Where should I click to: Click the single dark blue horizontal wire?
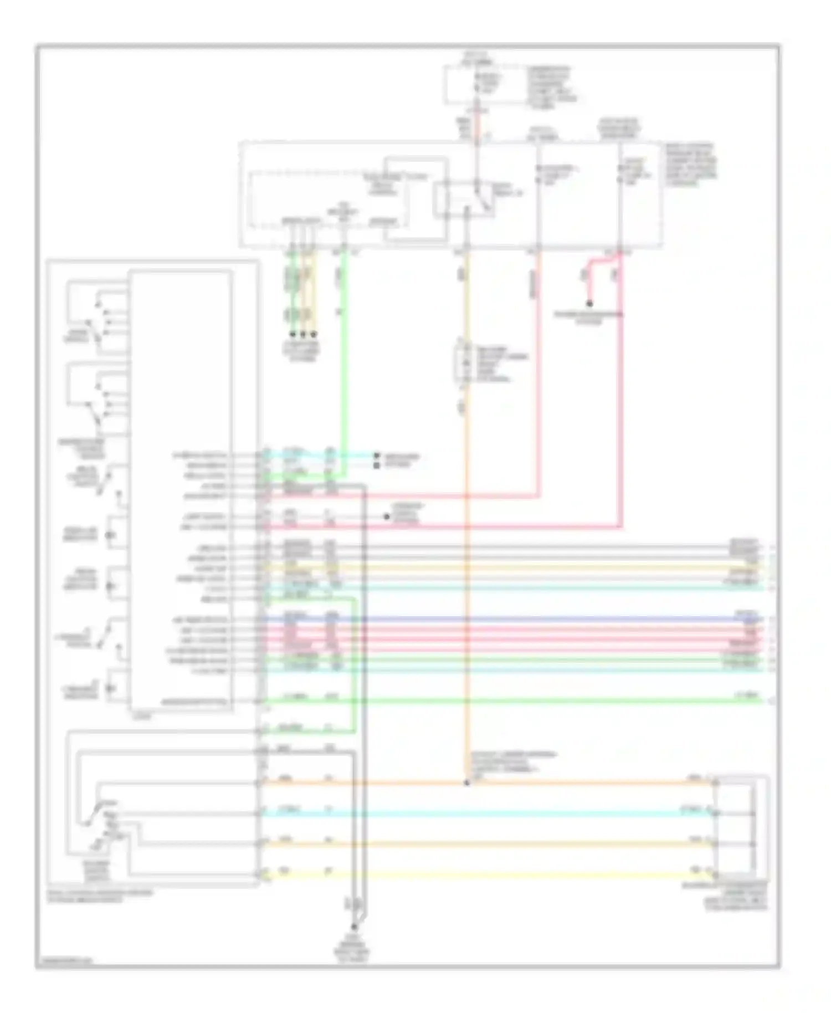coord(499,618)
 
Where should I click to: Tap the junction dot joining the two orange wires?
coord(466,783)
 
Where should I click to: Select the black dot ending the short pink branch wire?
coord(589,304)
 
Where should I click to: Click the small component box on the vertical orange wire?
coord(461,364)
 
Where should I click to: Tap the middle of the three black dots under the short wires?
coord(303,335)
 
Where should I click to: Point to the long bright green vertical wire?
coord(343,360)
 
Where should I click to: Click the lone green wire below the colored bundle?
coord(499,702)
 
